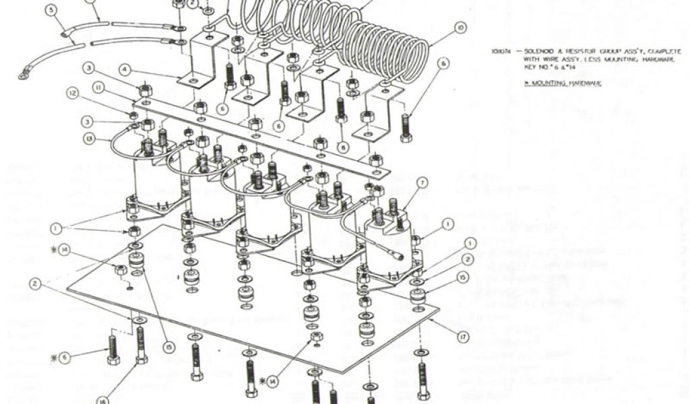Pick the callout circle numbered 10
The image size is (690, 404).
click(460, 28)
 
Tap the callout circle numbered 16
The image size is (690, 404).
click(102, 400)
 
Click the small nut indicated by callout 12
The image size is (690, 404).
click(133, 116)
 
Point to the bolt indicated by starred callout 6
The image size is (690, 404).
click(113, 350)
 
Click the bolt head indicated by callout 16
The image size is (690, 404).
click(142, 359)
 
